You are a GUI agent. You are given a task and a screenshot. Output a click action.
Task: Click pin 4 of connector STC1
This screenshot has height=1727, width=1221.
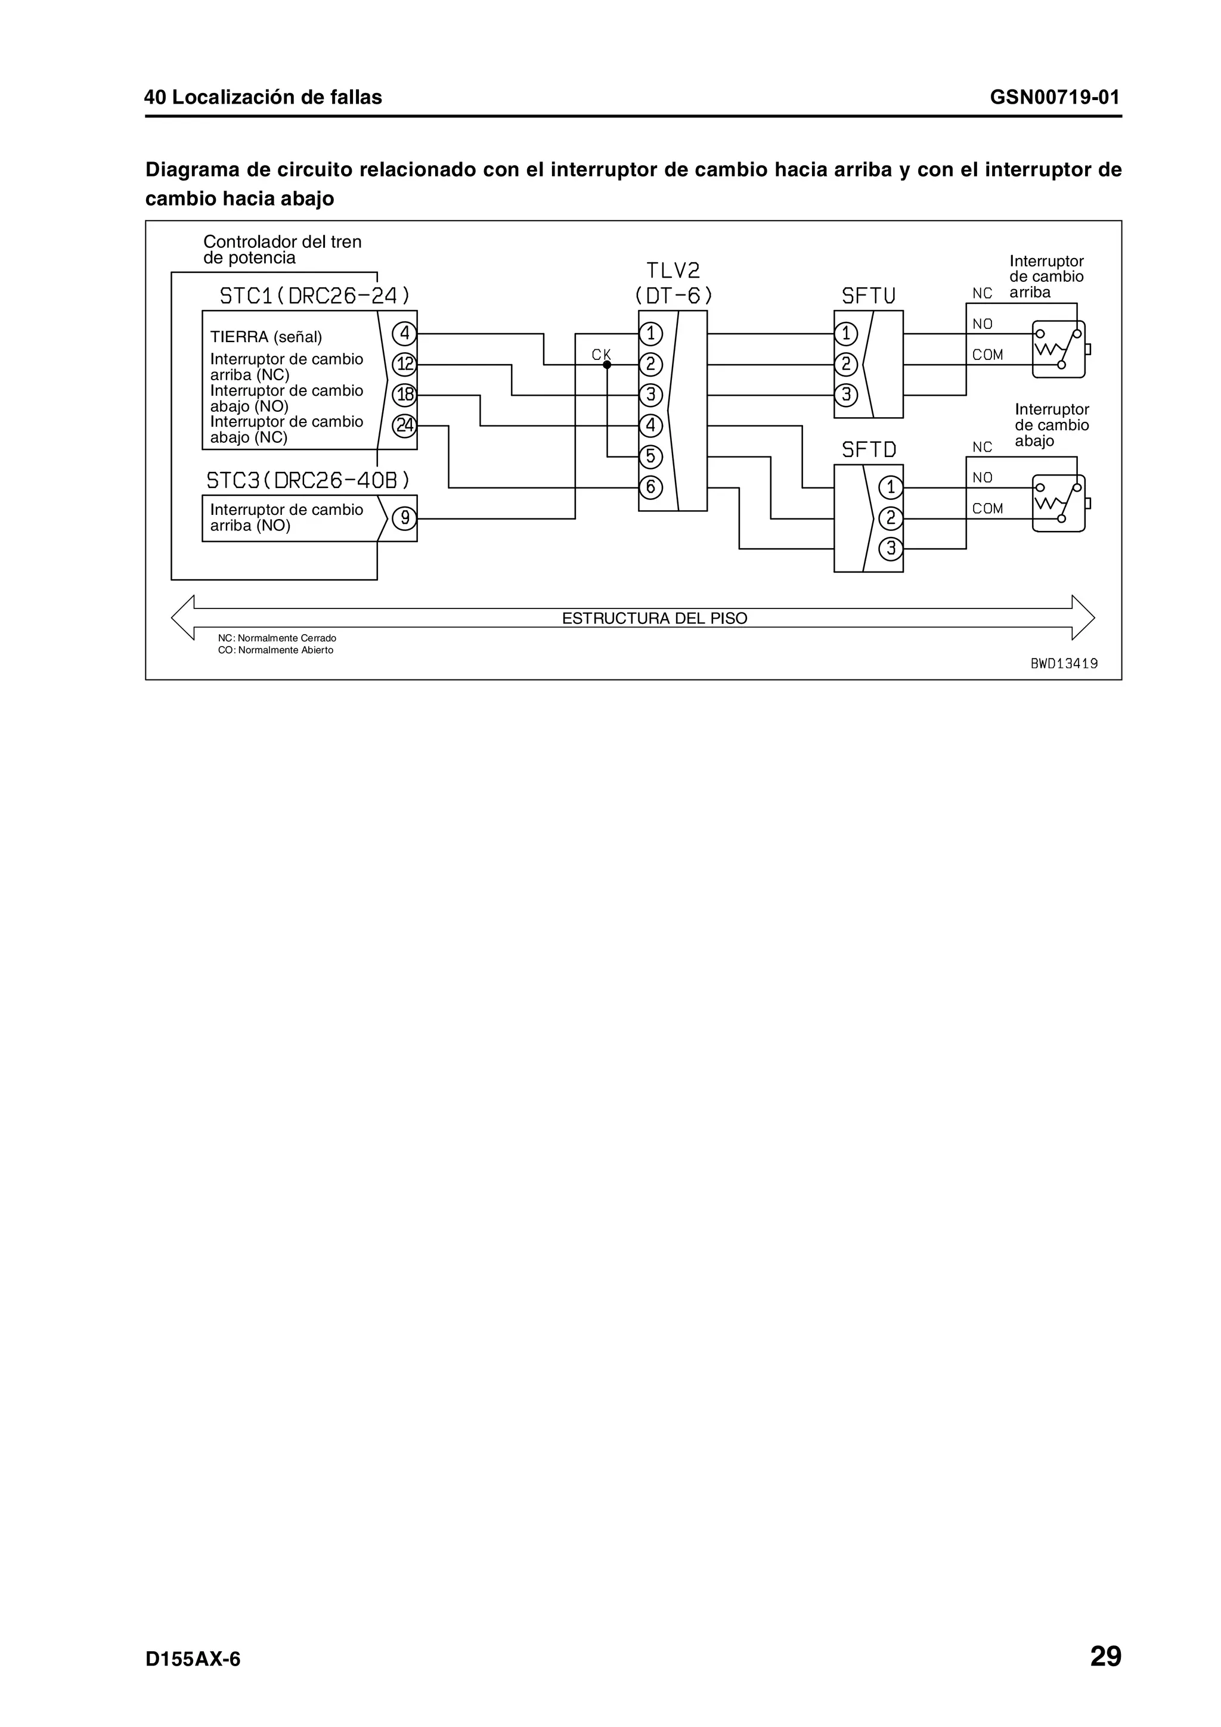[405, 333]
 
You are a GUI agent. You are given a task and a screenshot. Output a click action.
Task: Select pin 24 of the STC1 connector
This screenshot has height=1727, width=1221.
[405, 425]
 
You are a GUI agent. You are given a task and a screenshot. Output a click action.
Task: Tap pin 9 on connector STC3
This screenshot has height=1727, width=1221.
[405, 518]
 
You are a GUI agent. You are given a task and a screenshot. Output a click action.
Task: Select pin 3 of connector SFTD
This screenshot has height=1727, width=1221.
[891, 548]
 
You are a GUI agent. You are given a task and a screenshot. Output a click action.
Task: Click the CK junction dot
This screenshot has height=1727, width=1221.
[607, 365]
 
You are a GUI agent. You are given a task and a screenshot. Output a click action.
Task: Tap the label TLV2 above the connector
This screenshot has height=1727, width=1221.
[673, 271]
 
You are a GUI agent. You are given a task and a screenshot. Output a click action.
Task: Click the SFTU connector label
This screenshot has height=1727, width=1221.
[868, 296]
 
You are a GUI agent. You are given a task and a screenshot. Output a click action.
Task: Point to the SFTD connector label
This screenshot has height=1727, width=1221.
[869, 450]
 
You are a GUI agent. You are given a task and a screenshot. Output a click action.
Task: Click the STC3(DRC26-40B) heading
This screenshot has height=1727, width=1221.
[308, 480]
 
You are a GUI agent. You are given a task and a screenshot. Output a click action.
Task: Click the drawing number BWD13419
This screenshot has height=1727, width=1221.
[1064, 663]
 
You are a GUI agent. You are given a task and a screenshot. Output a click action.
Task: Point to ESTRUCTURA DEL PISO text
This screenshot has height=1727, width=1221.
[655, 619]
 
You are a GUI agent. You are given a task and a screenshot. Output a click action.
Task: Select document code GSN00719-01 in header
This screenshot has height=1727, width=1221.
[1055, 97]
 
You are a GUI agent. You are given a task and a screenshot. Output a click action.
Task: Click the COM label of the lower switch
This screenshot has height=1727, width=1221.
[987, 508]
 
